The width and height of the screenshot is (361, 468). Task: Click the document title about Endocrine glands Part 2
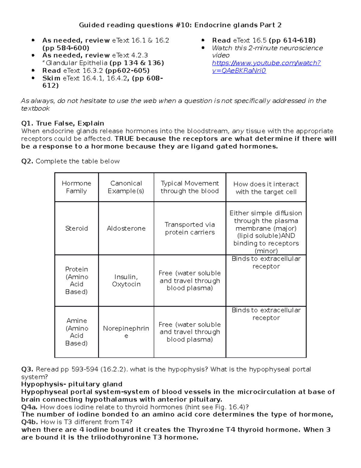[180, 25]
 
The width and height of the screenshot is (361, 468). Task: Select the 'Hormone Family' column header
[76, 187]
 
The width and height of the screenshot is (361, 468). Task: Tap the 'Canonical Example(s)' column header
[126, 187]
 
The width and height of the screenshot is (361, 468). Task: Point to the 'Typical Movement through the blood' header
[190, 187]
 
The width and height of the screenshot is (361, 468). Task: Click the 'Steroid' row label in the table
[76, 228]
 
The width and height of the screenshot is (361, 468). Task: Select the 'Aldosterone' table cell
[126, 228]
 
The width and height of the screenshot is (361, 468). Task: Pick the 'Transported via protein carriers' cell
[190, 228]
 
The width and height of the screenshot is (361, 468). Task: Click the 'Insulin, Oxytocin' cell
[126, 281]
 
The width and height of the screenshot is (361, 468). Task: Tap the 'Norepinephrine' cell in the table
[126, 332]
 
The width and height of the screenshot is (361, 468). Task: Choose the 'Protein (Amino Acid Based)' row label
[76, 281]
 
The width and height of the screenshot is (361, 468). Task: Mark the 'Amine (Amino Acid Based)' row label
[76, 332]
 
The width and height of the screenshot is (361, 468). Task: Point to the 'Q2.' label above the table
[27, 162]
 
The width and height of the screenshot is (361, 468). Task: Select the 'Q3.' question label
[27, 369]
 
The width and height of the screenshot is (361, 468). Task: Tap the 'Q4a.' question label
[29, 407]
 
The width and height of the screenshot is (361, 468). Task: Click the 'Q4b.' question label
[29, 422]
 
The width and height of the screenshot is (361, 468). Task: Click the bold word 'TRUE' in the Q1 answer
[124, 139]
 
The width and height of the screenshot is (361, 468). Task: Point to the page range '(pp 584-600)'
[66, 48]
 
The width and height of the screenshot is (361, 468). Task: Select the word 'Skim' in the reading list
[51, 78]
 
